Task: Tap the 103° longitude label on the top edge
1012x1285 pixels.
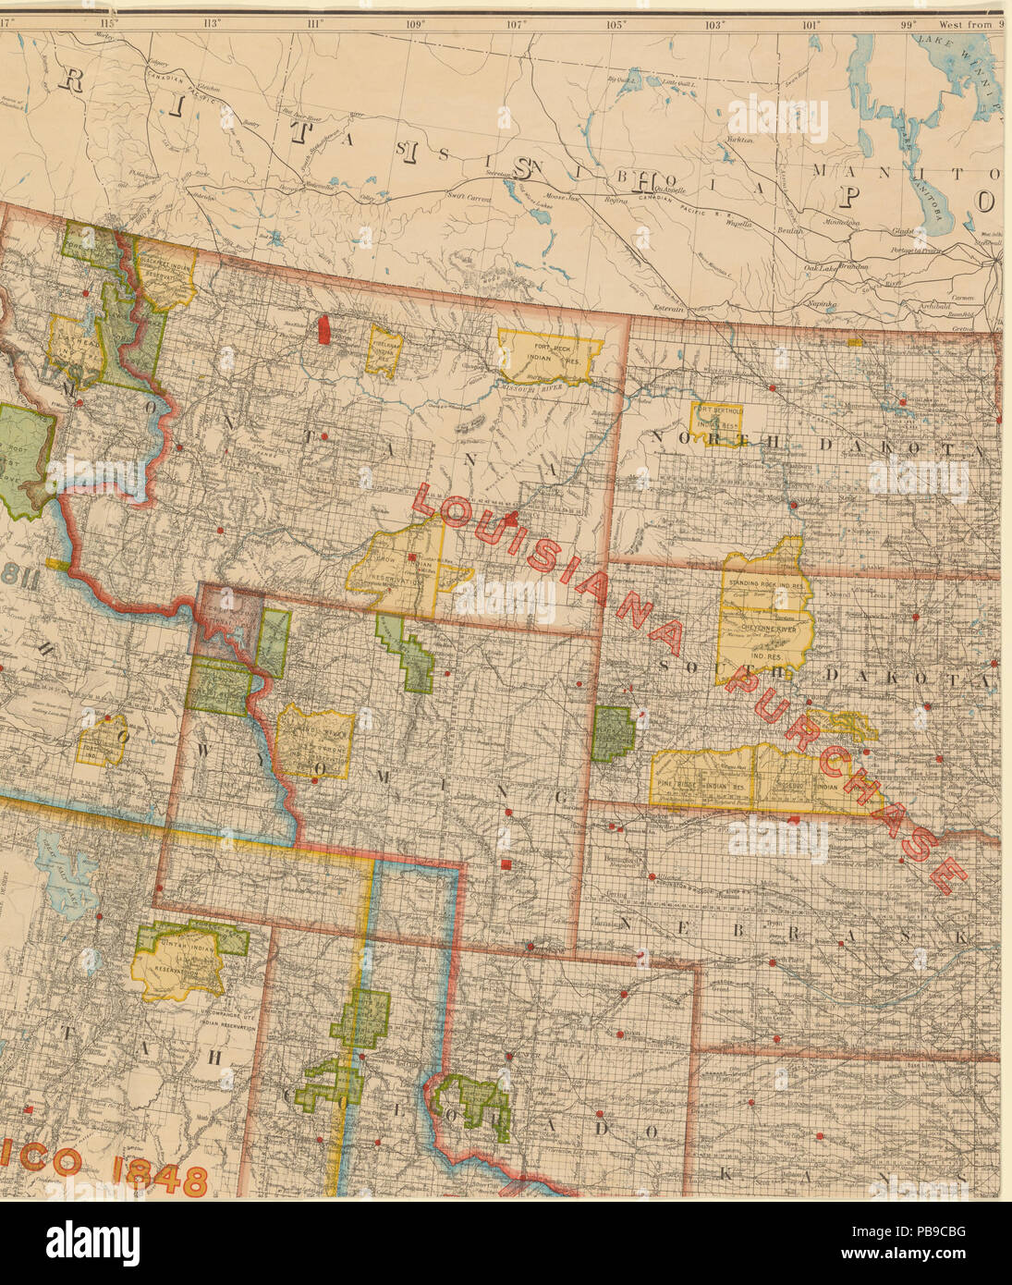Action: (x=713, y=24)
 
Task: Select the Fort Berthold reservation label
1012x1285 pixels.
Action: (x=717, y=418)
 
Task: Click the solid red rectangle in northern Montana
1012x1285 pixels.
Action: (x=323, y=329)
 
